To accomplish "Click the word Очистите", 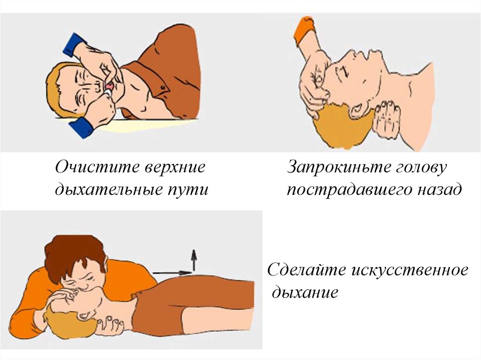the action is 97,168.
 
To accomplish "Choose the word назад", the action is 439,189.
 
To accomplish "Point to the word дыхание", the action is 305,292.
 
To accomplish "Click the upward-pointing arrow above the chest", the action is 194,260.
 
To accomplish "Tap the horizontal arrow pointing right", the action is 172,273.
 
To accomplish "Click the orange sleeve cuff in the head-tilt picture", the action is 304,29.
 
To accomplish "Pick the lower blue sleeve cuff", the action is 82,127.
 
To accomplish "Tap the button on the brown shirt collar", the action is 162,88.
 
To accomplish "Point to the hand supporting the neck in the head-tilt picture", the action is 387,118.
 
